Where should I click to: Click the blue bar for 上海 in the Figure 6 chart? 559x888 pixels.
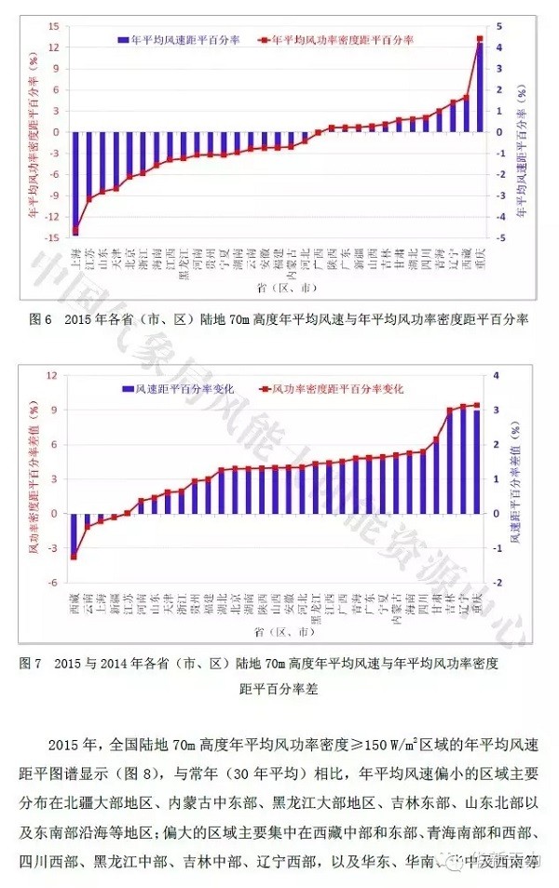(x=75, y=182)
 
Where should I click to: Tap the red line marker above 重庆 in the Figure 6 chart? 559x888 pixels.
(x=480, y=39)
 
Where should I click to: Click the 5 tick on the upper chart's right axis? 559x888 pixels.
(x=501, y=26)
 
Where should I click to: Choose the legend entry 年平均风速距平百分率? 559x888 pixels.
(x=176, y=40)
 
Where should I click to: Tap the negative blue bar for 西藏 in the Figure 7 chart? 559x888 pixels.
(x=75, y=534)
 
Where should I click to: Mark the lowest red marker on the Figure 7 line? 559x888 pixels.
(x=75, y=557)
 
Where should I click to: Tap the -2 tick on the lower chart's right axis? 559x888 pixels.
(x=502, y=583)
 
